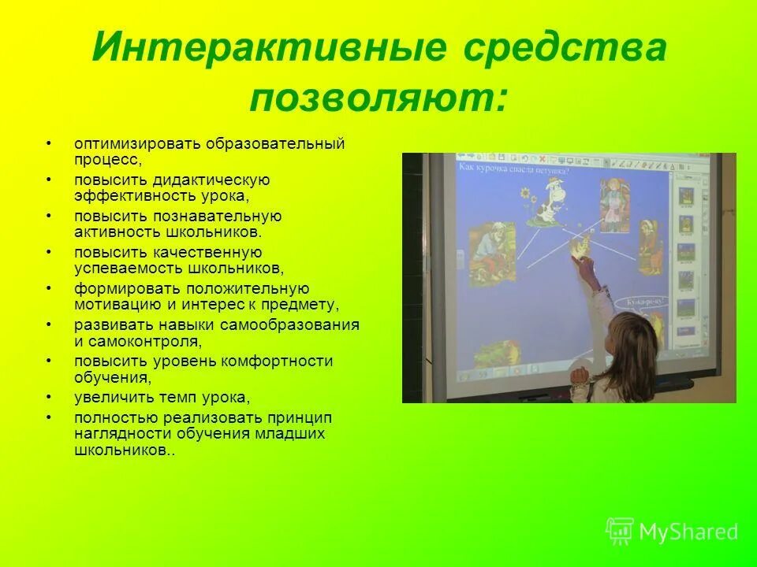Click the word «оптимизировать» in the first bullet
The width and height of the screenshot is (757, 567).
pos(138,144)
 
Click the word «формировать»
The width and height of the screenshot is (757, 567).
pos(120,289)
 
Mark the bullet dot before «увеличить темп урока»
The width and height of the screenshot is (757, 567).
pos(49,397)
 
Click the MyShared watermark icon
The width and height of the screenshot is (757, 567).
pos(620,531)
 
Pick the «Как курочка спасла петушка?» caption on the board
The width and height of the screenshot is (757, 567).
pos(513,168)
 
